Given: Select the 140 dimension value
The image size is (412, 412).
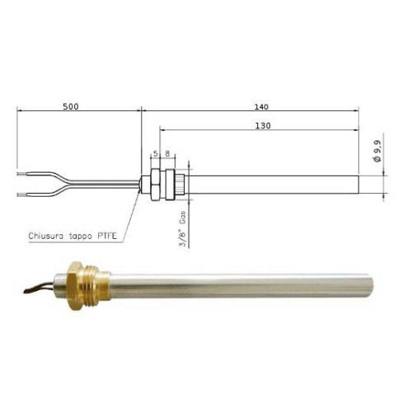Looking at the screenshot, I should click(x=263, y=106).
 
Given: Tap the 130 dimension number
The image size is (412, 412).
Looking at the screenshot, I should click(x=263, y=126).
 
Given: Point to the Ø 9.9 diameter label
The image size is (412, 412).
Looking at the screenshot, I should click(x=377, y=153).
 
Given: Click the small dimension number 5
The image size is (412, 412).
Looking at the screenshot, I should click(x=153, y=153).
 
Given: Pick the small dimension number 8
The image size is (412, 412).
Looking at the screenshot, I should click(x=167, y=153).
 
